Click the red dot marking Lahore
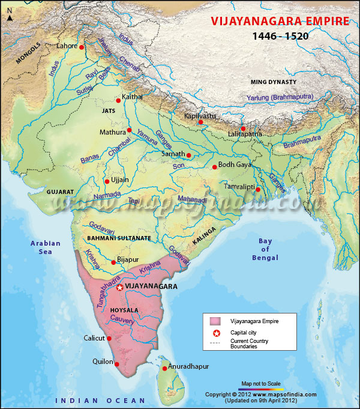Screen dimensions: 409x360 pyautogui.click(x=82, y=46)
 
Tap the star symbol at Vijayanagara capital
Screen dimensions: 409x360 pyautogui.click(x=120, y=288)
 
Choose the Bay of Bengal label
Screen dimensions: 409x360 pyautogui.click(x=265, y=249)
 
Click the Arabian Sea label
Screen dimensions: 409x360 pyautogui.click(x=46, y=247)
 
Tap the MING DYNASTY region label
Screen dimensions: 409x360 pyautogui.click(x=273, y=82)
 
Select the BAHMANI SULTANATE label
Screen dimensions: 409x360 pyautogui.click(x=119, y=238)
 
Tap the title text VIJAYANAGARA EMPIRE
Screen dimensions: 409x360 pyautogui.click(x=280, y=22)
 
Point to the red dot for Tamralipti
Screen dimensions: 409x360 pyautogui.click(x=257, y=190)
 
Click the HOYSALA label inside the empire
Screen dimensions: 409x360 pyautogui.click(x=124, y=309)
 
